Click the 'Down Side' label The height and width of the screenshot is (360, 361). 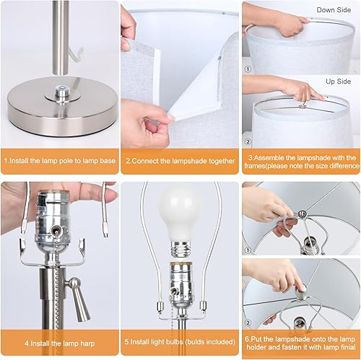(335, 9)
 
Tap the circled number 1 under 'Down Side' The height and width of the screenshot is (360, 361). (248, 70)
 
